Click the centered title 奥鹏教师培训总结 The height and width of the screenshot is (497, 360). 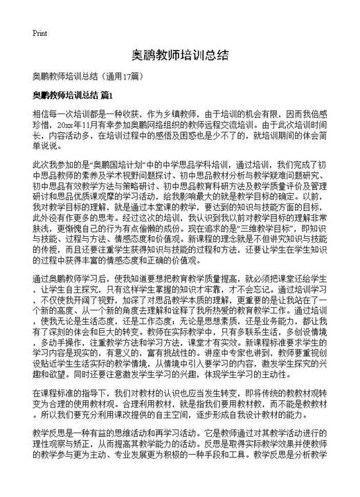[179, 55]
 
